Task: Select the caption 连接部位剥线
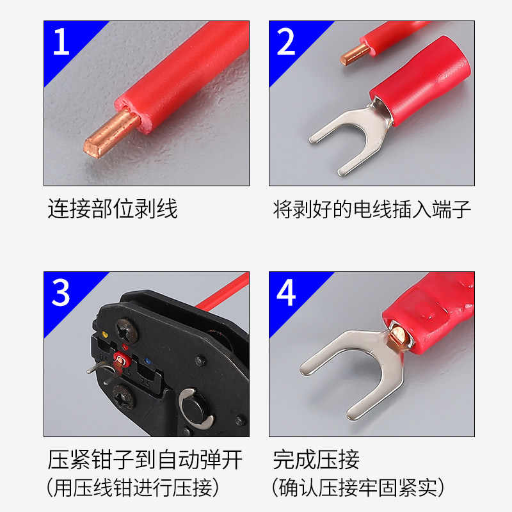pos(113,209)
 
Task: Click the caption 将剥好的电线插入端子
pos(372,209)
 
